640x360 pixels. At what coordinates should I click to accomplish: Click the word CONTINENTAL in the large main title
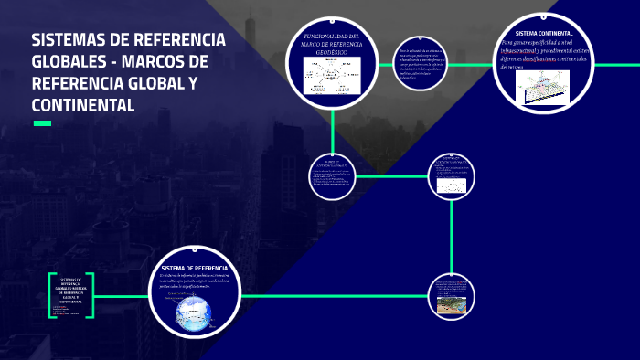(83, 106)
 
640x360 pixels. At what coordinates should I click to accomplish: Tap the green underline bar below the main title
(42, 123)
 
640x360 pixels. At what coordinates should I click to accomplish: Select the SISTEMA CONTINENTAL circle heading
(543, 33)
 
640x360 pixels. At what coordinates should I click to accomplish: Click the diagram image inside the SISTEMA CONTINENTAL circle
(545, 88)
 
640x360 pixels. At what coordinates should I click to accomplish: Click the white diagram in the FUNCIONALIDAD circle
(333, 76)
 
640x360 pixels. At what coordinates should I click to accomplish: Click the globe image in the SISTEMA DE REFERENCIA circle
(194, 312)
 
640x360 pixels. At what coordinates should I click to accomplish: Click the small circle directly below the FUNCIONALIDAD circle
(331, 175)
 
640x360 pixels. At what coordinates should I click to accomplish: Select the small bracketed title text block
(71, 291)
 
